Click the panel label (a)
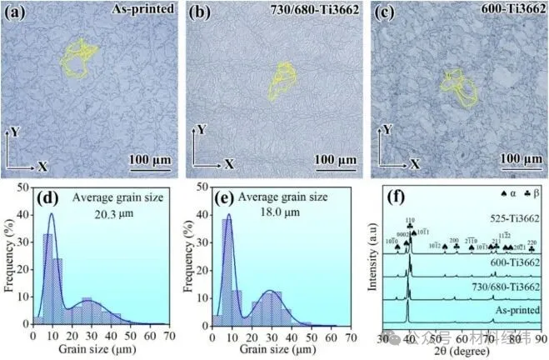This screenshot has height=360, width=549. pos(17,12)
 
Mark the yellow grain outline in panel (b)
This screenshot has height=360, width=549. pos(282,86)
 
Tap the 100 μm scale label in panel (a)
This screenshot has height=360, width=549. pos(151,159)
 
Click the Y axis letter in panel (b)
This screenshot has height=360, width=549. pos(201,129)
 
